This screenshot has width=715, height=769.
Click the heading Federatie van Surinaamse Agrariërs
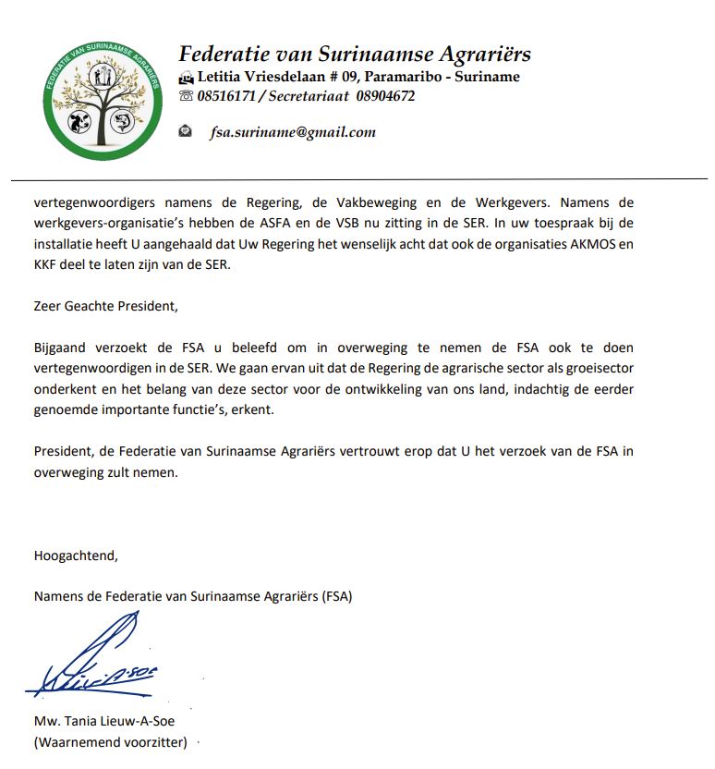[355, 54]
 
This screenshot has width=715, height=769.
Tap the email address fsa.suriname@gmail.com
[293, 132]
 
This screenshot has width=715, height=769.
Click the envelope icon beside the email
[186, 131]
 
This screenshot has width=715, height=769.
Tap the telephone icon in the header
[186, 96]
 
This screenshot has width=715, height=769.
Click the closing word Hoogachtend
[76, 555]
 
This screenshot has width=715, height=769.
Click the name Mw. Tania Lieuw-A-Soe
[103, 722]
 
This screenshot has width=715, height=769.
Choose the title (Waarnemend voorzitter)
[110, 742]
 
